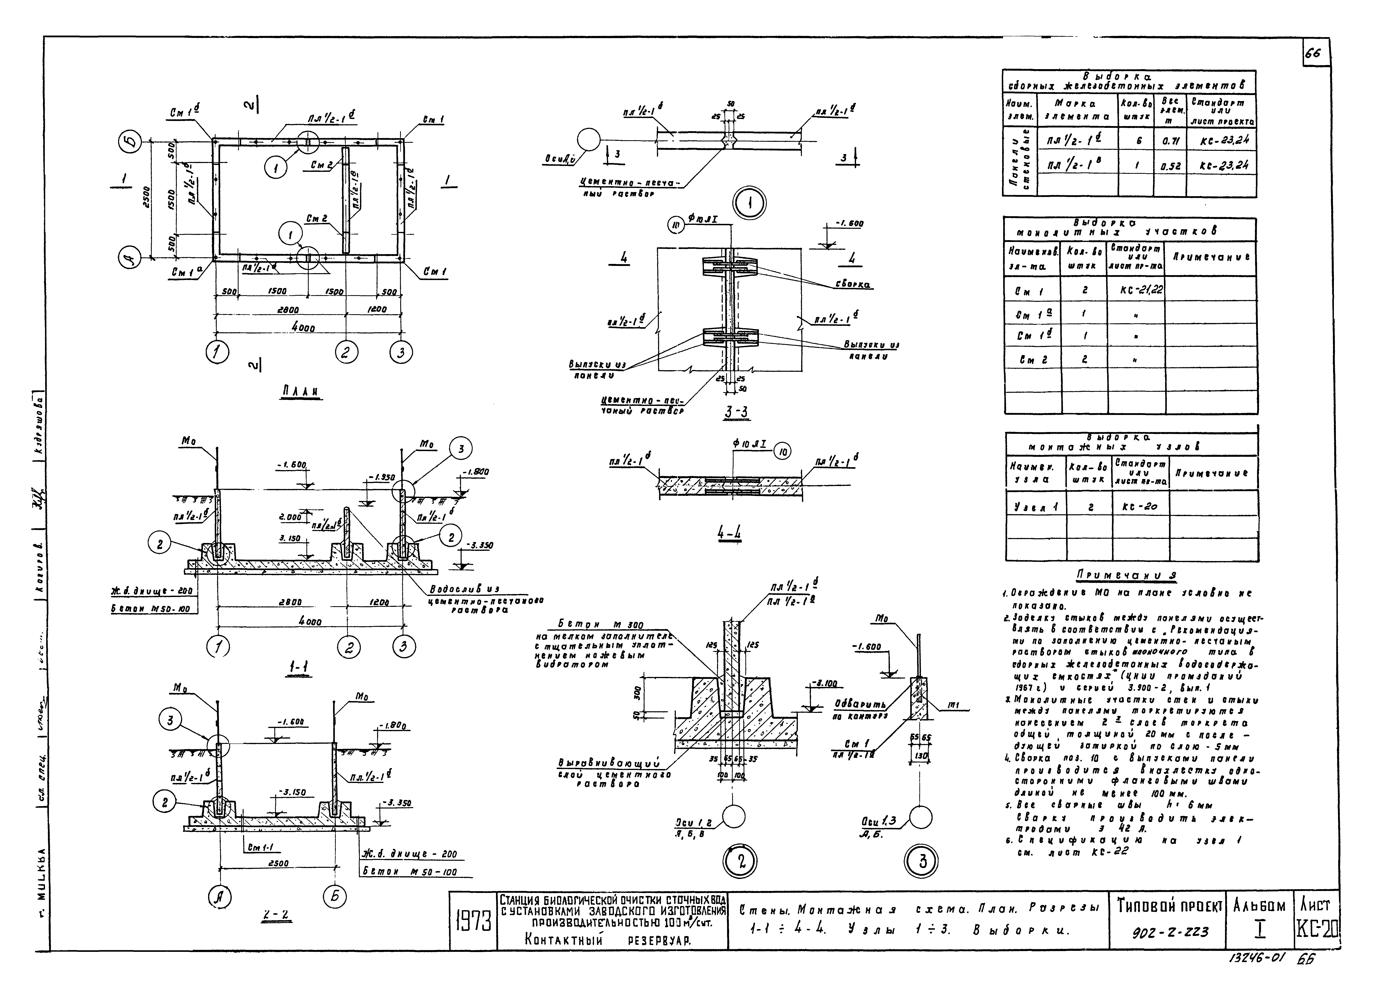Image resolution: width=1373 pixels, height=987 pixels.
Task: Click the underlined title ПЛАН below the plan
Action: click(301, 392)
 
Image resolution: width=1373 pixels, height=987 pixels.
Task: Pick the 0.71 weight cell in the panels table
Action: click(1169, 141)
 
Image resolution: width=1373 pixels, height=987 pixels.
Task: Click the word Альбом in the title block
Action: click(1259, 906)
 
